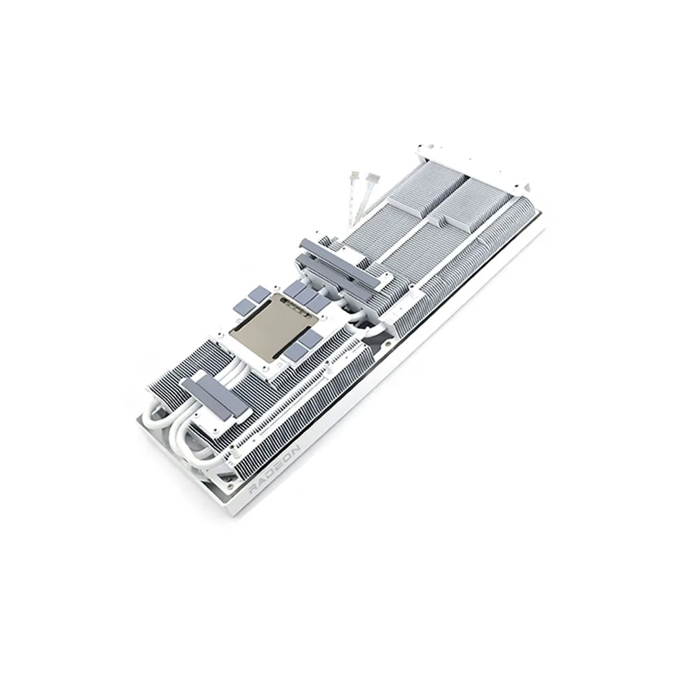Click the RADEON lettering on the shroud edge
click(x=275, y=469)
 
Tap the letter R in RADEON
click(x=255, y=491)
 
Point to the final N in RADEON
click(x=295, y=448)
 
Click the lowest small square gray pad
click(x=294, y=352)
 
